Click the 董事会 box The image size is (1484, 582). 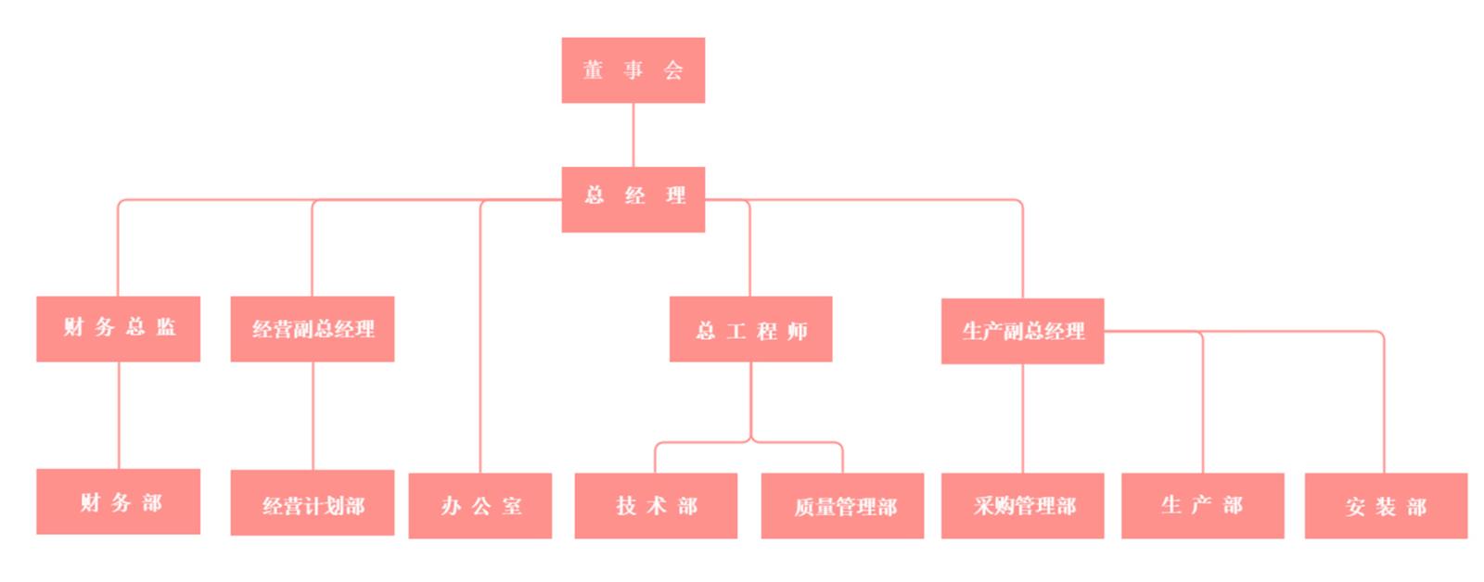tap(633, 70)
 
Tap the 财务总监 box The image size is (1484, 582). tap(118, 328)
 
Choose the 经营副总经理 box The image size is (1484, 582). tap(312, 328)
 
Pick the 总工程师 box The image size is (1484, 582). tap(750, 329)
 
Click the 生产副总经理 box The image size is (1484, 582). tap(1022, 331)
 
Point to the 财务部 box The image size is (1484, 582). tap(118, 501)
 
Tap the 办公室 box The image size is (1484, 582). tap(480, 505)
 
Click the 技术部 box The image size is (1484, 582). tap(656, 505)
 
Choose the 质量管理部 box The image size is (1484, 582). tap(842, 505)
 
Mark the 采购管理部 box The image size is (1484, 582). tap(1022, 505)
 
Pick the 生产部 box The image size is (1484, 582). tap(1202, 505)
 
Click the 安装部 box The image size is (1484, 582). tap(1386, 505)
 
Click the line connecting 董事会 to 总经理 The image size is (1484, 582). tap(633, 134)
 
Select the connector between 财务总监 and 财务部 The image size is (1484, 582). tap(119, 414)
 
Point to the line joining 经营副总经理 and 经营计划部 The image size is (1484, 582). tap(313, 415)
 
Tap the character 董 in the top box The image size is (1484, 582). tap(594, 70)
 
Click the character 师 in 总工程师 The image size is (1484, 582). tap(797, 331)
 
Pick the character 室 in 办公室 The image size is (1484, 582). tap(512, 506)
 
